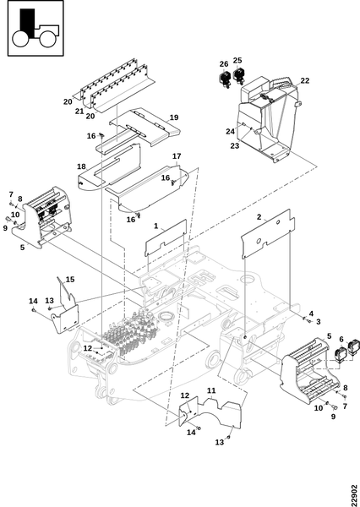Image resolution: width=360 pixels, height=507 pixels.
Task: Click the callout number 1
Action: tap(155, 226)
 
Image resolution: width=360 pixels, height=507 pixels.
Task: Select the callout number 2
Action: tap(259, 217)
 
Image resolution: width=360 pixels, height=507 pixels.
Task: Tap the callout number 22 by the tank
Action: tap(305, 80)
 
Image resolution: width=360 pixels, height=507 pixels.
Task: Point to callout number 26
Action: tap(224, 64)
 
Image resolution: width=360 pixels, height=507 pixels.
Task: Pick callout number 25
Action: tap(237, 61)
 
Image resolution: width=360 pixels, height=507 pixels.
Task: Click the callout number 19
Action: tap(174, 117)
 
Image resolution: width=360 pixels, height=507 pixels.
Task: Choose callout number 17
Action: tap(177, 156)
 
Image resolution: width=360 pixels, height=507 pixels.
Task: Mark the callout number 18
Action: tap(81, 166)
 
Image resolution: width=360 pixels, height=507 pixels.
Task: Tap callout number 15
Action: tap(70, 279)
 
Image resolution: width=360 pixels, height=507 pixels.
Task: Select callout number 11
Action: tap(211, 390)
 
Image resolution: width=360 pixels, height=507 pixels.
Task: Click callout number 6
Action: tap(341, 339)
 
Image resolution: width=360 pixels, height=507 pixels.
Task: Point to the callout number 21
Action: tap(79, 112)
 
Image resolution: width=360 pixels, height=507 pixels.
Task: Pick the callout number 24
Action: tap(231, 131)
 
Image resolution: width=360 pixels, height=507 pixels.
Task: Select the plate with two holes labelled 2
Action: tap(268, 233)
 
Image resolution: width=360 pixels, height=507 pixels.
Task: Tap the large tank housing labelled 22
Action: tap(268, 120)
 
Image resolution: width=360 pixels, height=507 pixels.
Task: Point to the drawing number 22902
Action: tap(354, 495)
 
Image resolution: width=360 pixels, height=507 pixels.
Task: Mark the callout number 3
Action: tap(319, 322)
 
